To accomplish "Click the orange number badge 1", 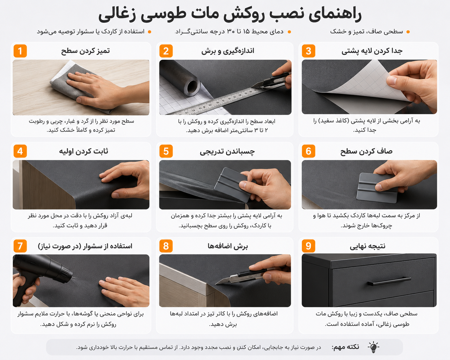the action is point(20,51).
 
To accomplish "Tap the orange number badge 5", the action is point(166,151).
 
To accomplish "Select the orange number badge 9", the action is point(308,246).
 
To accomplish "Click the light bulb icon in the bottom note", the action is point(374,347).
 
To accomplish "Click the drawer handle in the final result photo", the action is point(389,281).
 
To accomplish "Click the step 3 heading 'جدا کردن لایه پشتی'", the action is point(372,51).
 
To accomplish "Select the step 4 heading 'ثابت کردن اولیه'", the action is point(83,151).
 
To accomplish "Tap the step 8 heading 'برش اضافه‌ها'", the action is point(228,246).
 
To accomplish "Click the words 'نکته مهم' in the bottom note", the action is point(345,347).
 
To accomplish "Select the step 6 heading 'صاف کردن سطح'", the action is point(366,151).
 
